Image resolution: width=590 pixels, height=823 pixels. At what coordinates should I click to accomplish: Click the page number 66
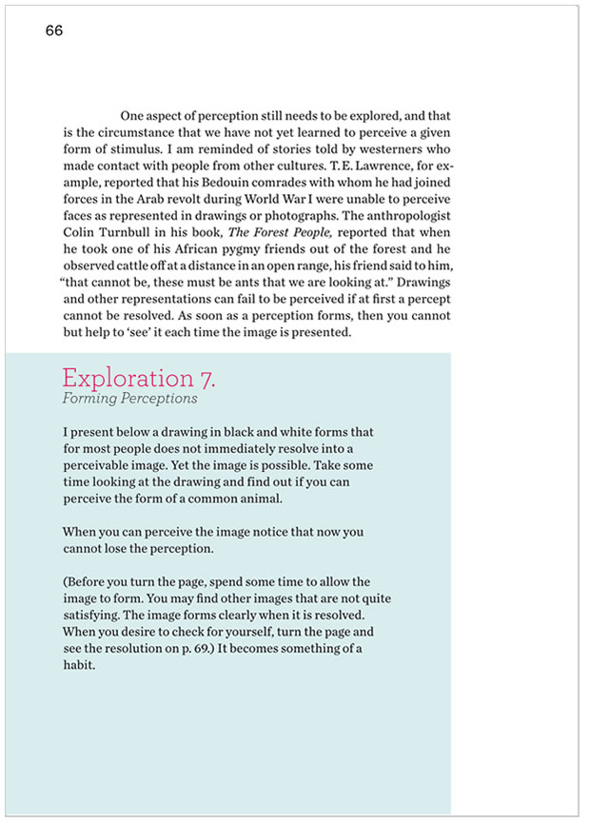(x=53, y=31)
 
